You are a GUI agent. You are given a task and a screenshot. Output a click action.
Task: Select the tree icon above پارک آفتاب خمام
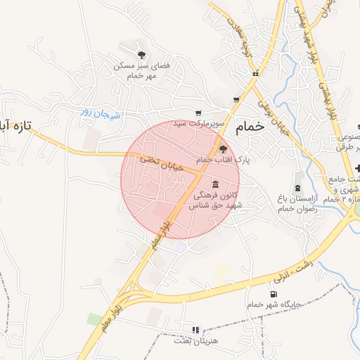pos(223,149)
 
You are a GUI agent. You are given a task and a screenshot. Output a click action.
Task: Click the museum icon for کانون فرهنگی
pos(214,184)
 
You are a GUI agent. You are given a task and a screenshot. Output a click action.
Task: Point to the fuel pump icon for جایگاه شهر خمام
pos(273,294)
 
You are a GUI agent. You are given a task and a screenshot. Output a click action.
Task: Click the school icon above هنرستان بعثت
pos(195,329)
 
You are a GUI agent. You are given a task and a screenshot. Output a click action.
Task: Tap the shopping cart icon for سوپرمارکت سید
pos(198,112)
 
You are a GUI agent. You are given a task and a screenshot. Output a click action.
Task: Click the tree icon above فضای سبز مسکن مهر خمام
pos(142,54)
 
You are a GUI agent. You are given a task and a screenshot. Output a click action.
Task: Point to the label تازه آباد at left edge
pos(15,128)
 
